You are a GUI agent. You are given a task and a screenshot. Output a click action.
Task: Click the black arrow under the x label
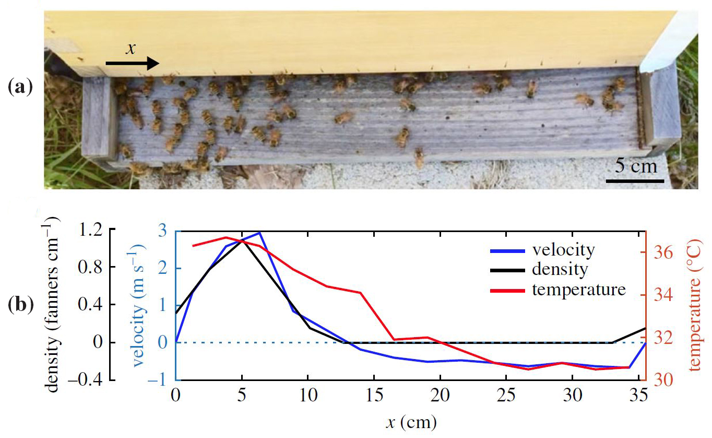(132, 64)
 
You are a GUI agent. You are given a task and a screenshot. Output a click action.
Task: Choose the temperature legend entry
(578, 289)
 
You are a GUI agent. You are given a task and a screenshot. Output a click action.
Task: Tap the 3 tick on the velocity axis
(164, 231)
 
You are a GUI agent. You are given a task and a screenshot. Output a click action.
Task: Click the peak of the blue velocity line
(259, 232)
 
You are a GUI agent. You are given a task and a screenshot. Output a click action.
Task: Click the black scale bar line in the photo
(635, 181)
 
